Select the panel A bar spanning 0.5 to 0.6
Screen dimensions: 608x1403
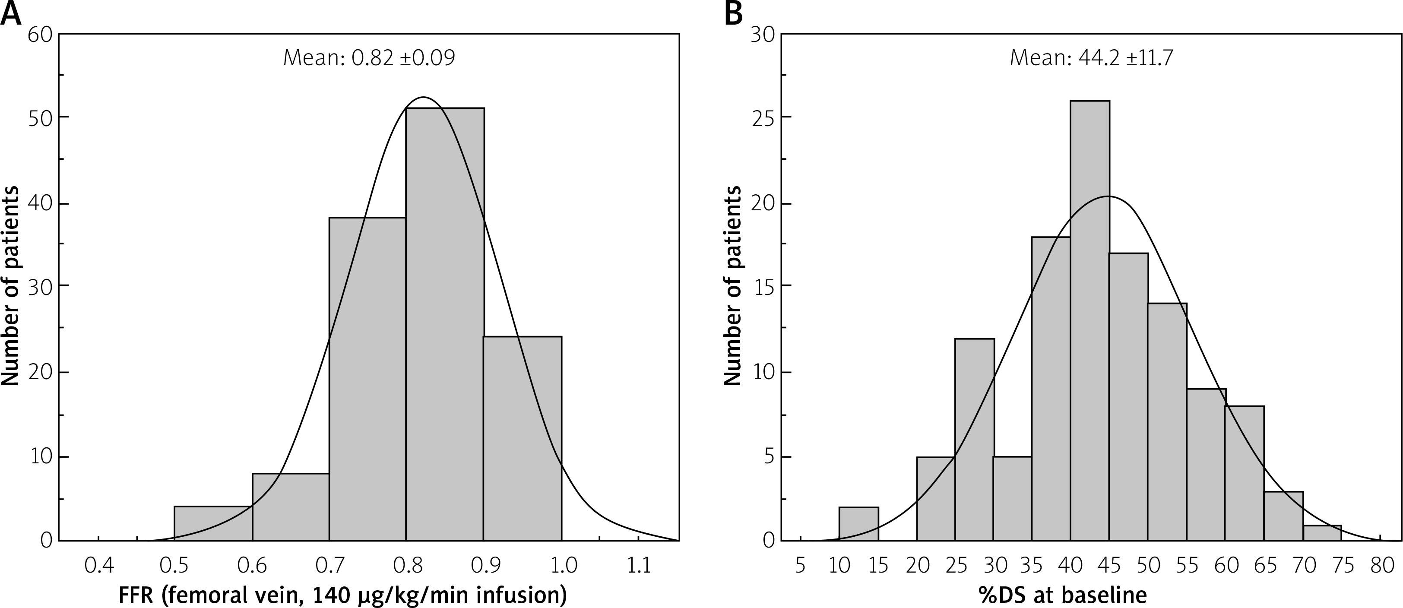coord(213,523)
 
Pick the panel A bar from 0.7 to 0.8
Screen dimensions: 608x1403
coord(367,381)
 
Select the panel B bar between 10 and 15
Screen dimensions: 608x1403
coord(858,524)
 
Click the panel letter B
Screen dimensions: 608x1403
coord(734,14)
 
